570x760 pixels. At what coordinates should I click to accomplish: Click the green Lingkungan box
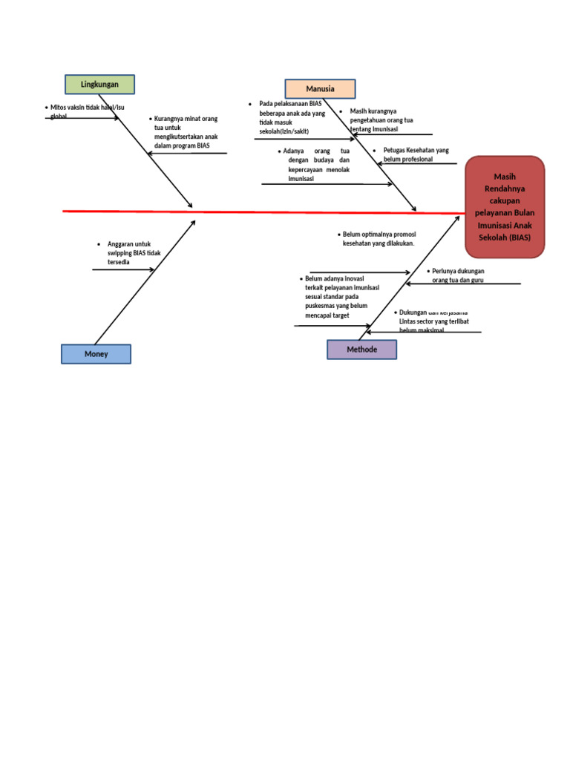pos(100,85)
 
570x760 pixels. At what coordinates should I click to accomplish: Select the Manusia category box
pos(320,89)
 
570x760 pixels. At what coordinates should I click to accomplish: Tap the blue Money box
pos(96,354)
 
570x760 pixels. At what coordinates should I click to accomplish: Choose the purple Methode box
pos(361,350)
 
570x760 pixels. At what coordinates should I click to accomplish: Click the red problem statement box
pos(505,207)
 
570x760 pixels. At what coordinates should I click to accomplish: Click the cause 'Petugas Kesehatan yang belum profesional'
pos(416,154)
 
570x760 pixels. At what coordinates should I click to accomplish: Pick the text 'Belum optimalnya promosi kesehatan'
pos(379,238)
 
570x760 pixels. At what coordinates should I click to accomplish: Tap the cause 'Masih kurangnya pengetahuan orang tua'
pos(381,119)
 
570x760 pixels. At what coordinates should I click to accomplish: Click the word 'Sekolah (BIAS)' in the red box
pos(505,237)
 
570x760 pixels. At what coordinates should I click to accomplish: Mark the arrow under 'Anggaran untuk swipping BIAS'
pos(122,269)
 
